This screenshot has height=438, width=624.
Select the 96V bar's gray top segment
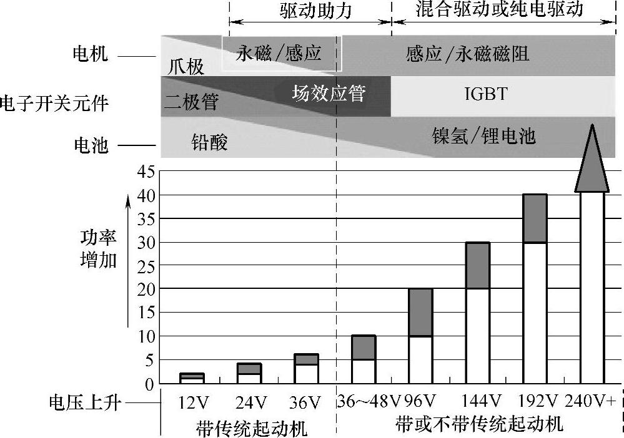[x=420, y=312]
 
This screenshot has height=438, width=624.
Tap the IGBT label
[x=487, y=94]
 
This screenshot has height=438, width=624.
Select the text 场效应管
[x=329, y=94]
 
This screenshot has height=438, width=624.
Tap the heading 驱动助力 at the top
[x=316, y=11]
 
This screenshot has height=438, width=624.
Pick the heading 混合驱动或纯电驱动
[x=499, y=9]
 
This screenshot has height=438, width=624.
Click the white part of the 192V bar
[x=534, y=312]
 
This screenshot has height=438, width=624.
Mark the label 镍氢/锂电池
[x=484, y=135]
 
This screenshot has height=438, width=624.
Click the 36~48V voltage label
[x=369, y=399]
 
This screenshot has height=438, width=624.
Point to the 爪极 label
[x=186, y=66]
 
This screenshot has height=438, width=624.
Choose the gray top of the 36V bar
[x=307, y=359]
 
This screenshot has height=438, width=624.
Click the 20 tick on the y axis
[x=145, y=290]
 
